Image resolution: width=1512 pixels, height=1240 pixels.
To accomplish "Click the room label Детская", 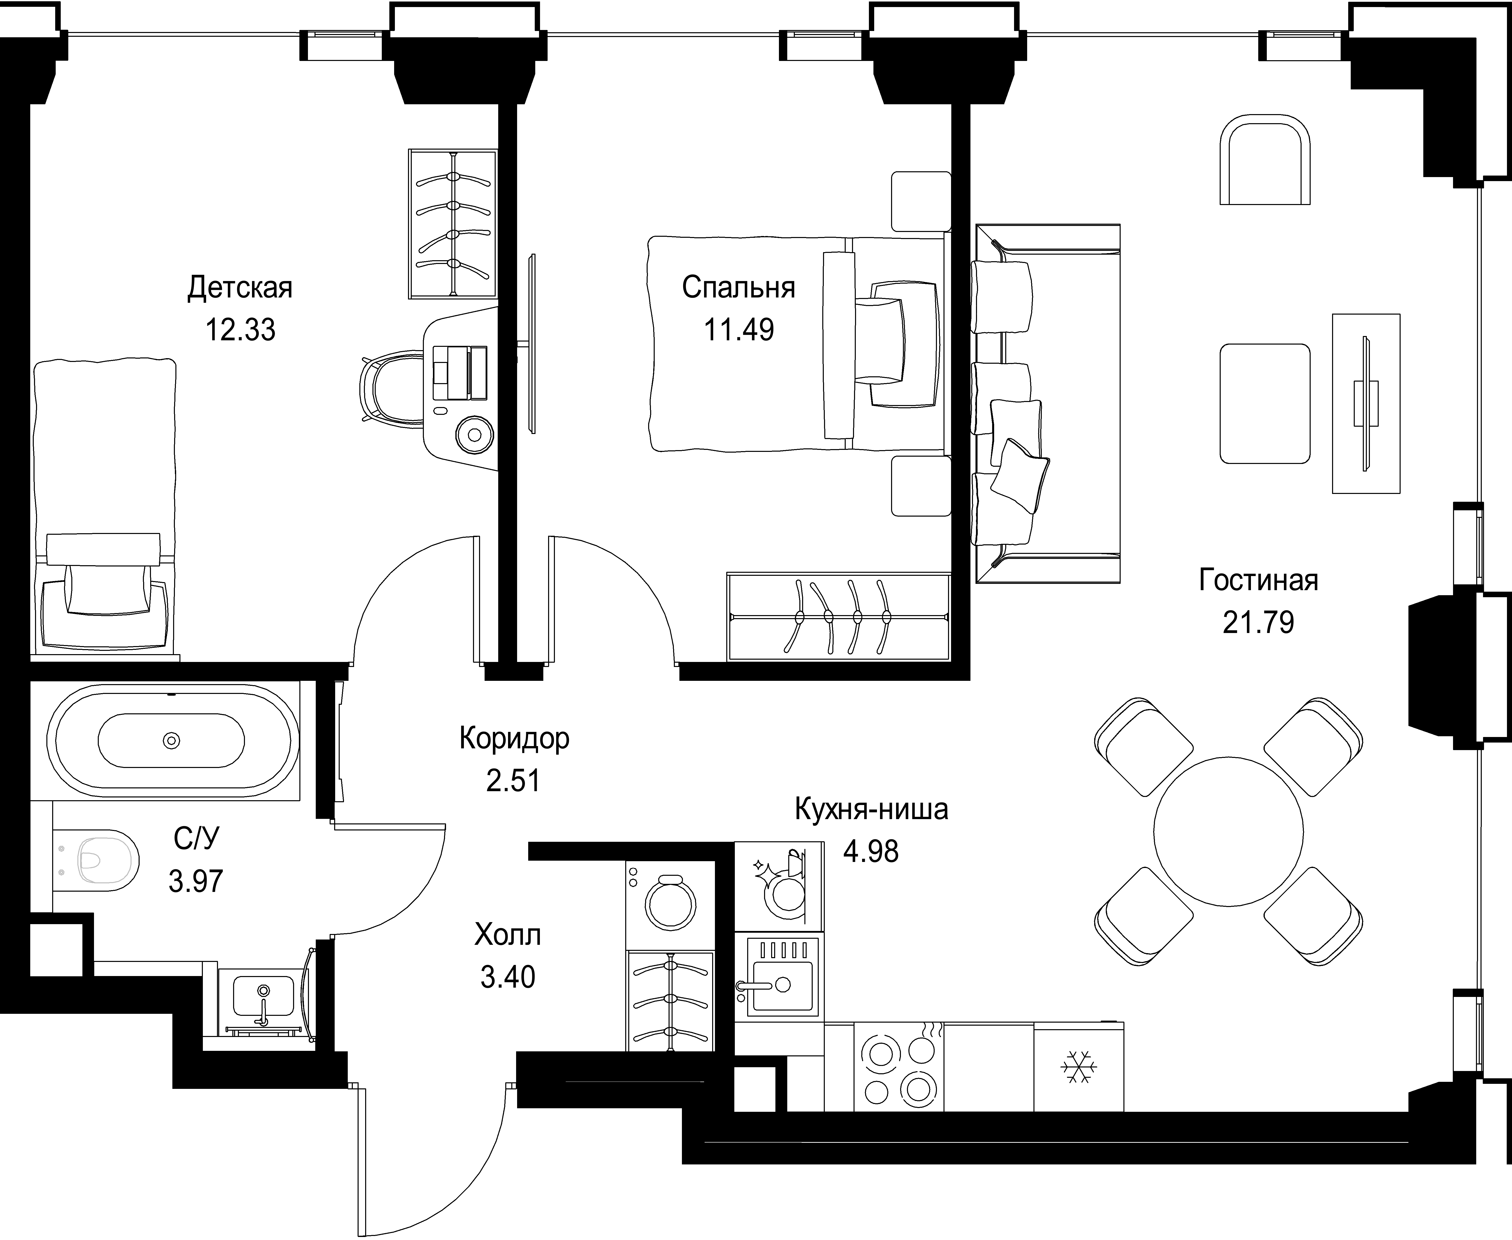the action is [x=240, y=288].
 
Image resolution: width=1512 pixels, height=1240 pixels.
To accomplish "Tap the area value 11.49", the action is [x=739, y=330].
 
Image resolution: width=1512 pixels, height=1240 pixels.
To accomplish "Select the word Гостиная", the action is [x=1258, y=580].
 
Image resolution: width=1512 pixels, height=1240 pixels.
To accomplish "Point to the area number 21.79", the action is [x=1258, y=622].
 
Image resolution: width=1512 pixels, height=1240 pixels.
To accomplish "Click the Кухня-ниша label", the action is [x=871, y=809].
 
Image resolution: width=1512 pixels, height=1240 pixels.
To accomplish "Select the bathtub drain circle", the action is [x=172, y=740].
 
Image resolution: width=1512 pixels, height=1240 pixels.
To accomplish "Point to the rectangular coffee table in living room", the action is [x=1265, y=404].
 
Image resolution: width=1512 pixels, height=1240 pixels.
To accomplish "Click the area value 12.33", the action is [x=240, y=330].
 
